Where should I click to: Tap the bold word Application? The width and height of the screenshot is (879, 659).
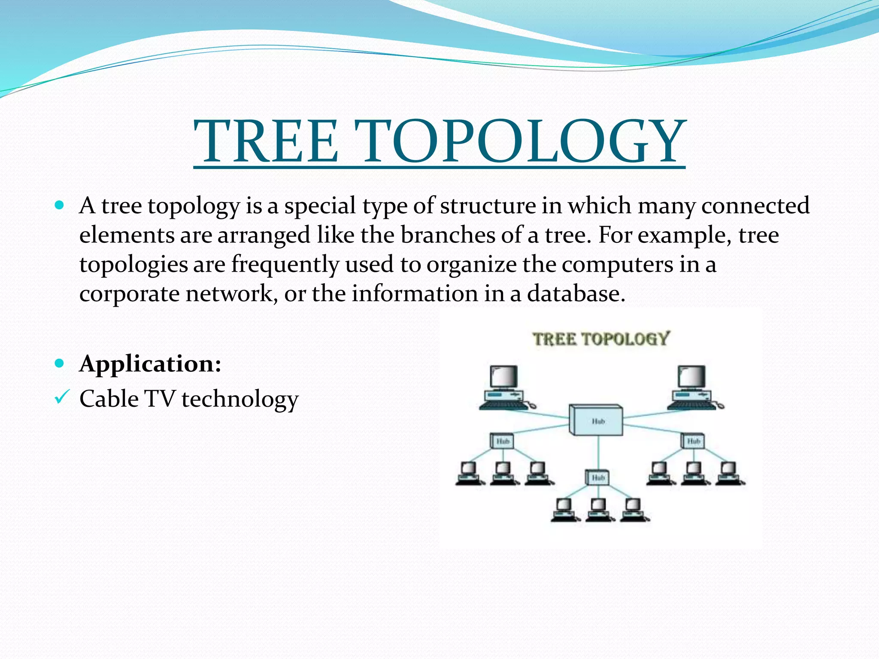(150, 364)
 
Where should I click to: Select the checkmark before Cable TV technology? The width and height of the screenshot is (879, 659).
(60, 398)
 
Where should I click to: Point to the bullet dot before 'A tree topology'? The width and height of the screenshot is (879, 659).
(60, 205)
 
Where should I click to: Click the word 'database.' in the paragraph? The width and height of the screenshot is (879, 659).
(576, 294)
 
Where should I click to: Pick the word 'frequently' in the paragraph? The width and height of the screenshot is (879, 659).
(285, 264)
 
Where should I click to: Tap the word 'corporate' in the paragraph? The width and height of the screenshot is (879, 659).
(129, 294)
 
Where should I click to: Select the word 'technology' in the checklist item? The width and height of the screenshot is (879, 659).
(240, 399)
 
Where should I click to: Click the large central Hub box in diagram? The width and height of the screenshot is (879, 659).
(596, 420)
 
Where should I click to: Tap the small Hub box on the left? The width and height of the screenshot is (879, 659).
(502, 441)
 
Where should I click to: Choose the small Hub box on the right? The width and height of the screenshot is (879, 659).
(693, 441)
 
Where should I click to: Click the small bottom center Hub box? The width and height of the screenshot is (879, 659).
(598, 478)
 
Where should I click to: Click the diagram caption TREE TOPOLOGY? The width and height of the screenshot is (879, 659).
(600, 339)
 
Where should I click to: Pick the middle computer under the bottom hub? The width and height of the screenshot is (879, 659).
(598, 509)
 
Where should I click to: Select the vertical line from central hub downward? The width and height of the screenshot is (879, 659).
(598, 453)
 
